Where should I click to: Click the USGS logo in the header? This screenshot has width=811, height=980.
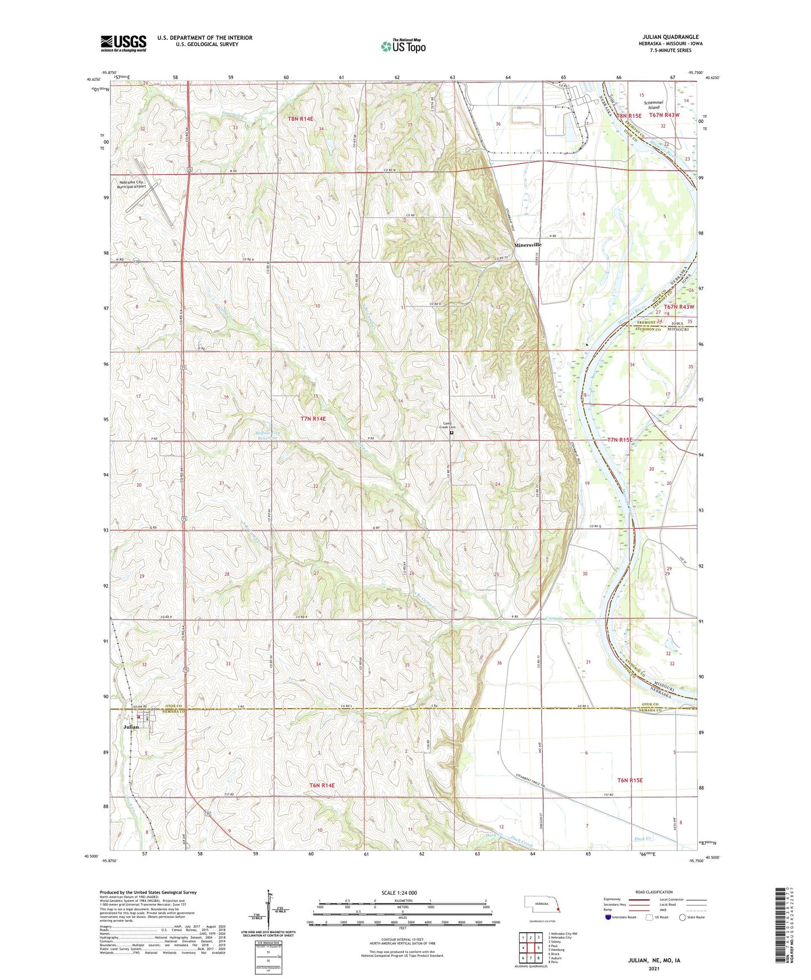tap(123, 43)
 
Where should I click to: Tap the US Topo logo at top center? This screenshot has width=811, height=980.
tap(403, 46)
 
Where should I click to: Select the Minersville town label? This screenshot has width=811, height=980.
tap(528, 245)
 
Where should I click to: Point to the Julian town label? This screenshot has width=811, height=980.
tap(131, 727)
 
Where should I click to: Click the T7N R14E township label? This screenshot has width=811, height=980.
tap(313, 419)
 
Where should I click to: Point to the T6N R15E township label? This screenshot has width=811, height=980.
tap(629, 780)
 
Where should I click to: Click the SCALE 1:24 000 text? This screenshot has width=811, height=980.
tap(401, 893)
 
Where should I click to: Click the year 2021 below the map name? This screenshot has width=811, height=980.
tap(654, 968)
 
